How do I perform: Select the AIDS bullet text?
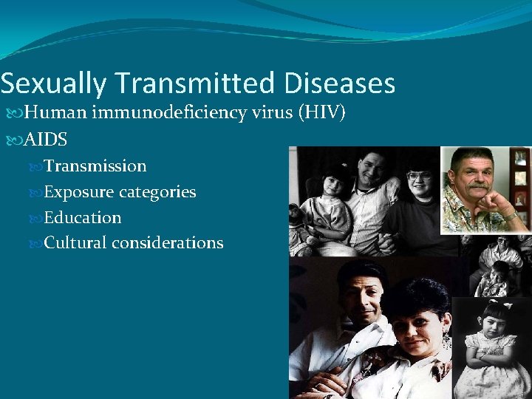pos(46,140)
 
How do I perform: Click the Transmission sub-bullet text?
pos(95,166)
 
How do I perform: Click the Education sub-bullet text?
pos(83,218)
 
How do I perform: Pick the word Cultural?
pos(76,243)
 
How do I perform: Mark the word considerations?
pos(168,243)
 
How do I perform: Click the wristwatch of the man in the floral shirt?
pos(509,215)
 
